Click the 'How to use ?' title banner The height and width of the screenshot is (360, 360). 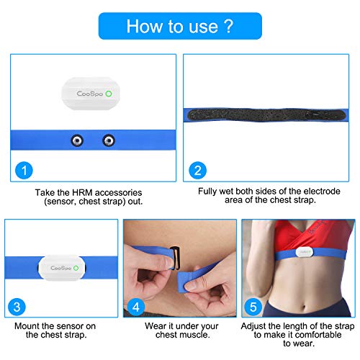[179, 26]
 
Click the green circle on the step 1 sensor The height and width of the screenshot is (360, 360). [108, 93]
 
